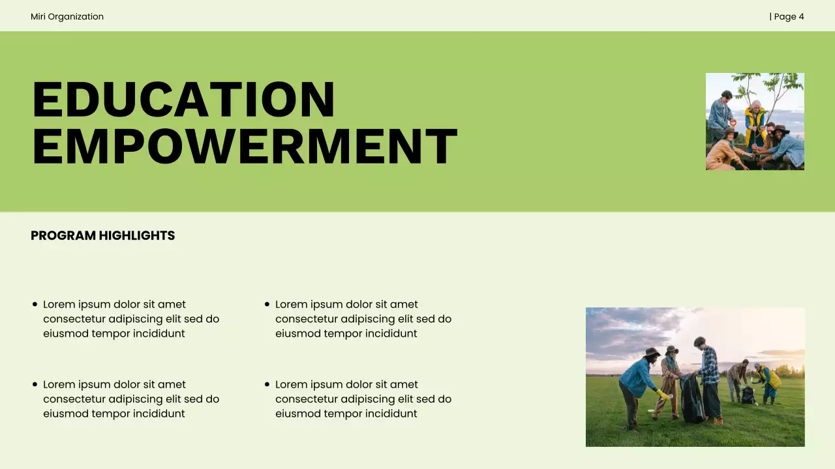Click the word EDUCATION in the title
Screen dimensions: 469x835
(183, 100)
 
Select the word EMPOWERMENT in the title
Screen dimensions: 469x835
(245, 147)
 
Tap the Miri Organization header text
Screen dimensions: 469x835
(67, 16)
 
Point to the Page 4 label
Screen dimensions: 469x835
(787, 16)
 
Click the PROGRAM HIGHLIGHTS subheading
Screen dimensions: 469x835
(103, 236)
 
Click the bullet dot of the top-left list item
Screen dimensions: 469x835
(35, 304)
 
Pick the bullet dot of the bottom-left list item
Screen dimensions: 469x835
(35, 384)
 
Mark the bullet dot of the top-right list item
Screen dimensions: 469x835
(267, 304)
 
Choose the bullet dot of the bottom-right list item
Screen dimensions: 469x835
(267, 384)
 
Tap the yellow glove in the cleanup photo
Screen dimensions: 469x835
(663, 395)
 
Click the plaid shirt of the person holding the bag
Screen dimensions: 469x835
(709, 365)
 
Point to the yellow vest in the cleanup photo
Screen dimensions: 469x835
(773, 378)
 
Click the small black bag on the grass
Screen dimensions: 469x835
(748, 395)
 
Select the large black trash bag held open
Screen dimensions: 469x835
(691, 398)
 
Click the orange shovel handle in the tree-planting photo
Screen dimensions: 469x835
(733, 124)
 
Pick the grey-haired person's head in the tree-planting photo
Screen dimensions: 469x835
(755, 105)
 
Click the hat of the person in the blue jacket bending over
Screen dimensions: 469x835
(651, 352)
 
